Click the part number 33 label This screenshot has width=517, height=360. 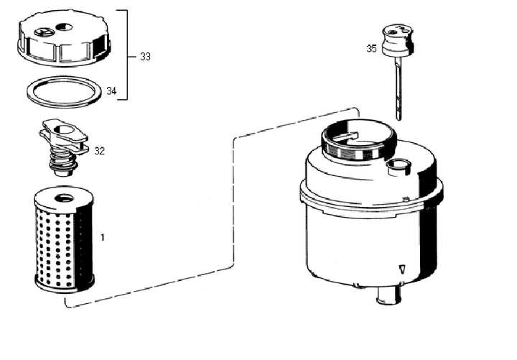coord(145,57)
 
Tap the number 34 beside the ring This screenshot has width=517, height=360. coord(111,91)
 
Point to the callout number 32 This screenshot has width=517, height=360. coord(99,151)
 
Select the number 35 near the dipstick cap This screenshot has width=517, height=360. coord(372,49)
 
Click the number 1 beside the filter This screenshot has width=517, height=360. coord(103,237)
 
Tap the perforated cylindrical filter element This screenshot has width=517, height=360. coord(64,239)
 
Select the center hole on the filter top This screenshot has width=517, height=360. coord(64,198)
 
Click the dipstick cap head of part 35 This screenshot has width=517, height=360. coord(397,40)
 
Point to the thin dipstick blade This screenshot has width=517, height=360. coord(398,88)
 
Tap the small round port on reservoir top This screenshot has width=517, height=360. coord(398,166)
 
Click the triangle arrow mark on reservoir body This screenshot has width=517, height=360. coord(401,269)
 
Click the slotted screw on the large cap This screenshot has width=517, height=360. coord(44,32)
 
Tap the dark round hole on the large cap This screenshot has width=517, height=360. coord(65,26)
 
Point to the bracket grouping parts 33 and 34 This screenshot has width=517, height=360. coord(126,55)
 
